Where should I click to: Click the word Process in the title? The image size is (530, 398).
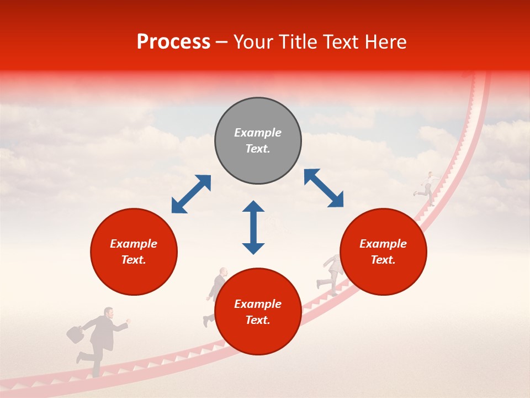(173, 42)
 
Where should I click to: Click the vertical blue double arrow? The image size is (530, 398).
(253, 227)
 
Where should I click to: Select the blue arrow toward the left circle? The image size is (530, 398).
(191, 194)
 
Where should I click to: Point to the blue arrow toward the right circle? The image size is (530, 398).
(324, 188)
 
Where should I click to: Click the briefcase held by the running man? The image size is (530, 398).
(75, 334)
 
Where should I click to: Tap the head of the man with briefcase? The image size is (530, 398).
(109, 313)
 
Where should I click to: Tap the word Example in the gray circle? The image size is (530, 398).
(258, 133)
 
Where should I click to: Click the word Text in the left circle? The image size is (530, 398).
(134, 260)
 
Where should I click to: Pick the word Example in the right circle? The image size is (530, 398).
(383, 244)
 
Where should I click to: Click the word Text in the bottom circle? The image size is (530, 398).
(258, 320)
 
